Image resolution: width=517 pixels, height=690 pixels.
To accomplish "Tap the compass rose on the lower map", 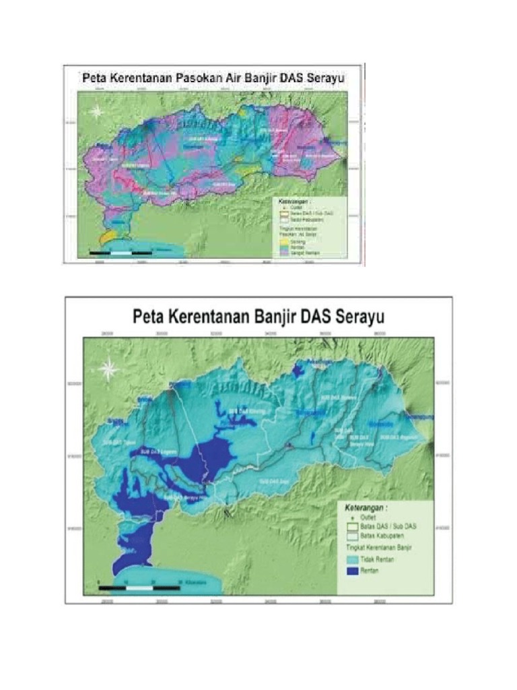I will click(108, 369).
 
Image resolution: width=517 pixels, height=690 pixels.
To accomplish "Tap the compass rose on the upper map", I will click(98, 112).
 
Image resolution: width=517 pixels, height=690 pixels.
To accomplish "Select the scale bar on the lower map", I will click(139, 588).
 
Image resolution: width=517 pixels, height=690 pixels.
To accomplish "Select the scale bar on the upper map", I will click(120, 252).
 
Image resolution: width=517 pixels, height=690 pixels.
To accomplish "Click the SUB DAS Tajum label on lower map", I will click(118, 443).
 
